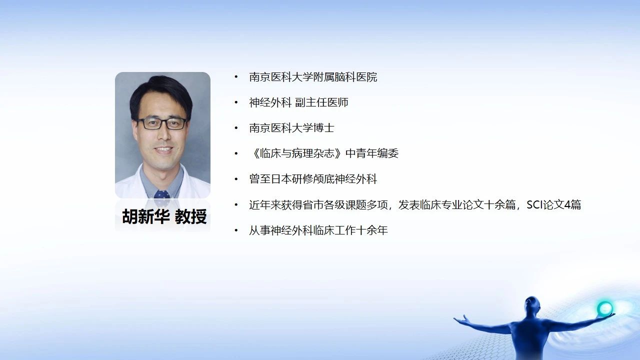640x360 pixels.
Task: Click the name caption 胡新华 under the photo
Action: [146, 216]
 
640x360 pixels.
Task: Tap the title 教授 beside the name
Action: [190, 216]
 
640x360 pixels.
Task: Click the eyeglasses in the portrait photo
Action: [161, 123]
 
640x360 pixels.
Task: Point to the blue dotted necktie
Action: [161, 194]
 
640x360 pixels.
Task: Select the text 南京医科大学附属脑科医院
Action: [313, 77]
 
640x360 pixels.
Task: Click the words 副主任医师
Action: [321, 102]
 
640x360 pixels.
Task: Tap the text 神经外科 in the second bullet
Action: [270, 102]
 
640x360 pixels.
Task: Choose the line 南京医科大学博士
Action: [291, 128]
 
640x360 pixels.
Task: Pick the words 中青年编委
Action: [372, 153]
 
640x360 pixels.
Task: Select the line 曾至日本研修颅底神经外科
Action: [313, 179]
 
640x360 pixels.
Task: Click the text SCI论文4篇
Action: [553, 205]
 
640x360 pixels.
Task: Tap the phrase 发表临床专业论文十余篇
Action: [457, 205]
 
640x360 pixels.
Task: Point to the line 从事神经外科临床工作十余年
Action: [318, 230]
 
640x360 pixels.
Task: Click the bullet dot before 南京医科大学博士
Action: [236, 128]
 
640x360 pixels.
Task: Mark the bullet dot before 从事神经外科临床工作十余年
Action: [236, 230]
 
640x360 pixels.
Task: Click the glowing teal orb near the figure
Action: [604, 308]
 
